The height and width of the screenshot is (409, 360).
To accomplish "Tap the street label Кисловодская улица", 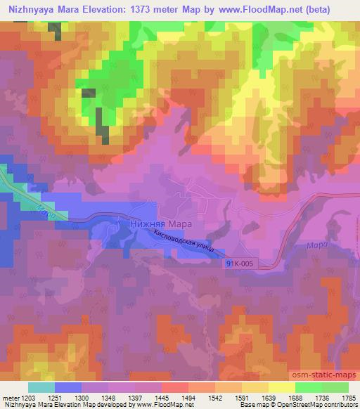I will coord(188,243).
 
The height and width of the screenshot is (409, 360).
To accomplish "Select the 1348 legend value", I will coord(108,397).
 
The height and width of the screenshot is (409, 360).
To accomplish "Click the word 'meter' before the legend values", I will coord(9,397).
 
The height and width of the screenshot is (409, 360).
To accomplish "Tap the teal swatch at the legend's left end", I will coord(41,387).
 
